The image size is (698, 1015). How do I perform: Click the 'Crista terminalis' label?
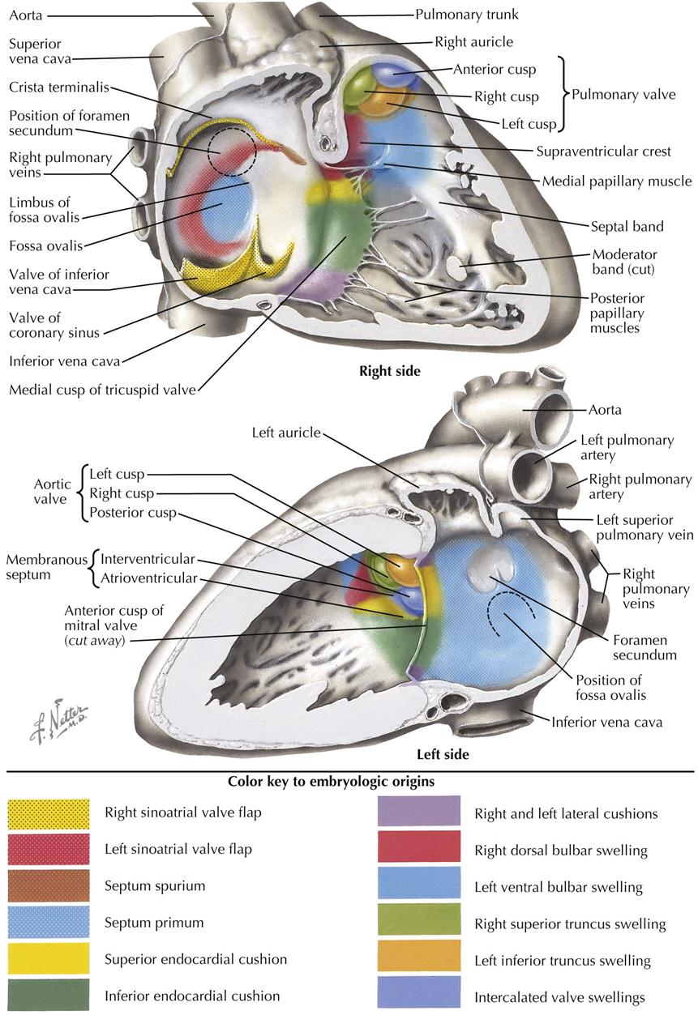point(59,87)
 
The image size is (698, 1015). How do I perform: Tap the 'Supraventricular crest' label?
point(603,151)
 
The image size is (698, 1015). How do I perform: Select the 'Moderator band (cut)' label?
point(624,262)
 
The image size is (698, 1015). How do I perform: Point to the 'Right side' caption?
point(390,371)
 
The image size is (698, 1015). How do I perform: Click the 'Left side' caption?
point(443,754)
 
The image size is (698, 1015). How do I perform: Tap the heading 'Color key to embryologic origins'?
point(331,782)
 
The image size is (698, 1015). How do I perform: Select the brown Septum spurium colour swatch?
point(49,885)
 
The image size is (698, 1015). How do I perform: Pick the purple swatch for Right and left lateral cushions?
point(418,811)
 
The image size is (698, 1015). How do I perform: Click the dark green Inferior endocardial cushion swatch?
point(49,995)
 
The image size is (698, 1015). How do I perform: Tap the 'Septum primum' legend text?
point(154,923)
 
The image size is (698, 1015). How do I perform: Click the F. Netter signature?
point(59,720)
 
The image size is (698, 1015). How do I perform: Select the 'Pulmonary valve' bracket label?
point(623,94)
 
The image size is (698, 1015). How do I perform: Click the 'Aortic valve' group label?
point(52,492)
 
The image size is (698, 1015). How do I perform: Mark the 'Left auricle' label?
point(286,433)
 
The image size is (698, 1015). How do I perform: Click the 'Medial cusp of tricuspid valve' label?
point(102,390)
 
